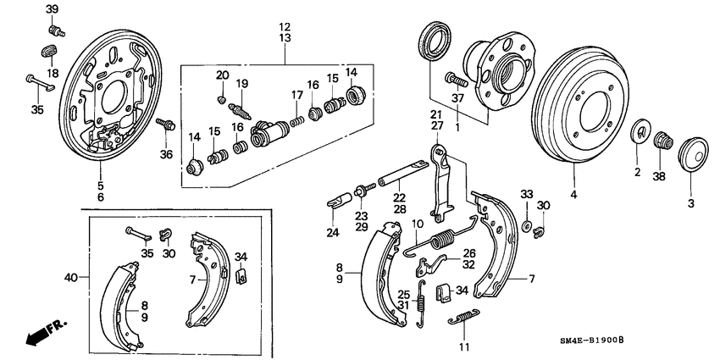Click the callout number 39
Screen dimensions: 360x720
tap(52, 9)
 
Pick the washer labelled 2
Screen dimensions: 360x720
tap(641, 135)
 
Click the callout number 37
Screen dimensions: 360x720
tap(458, 98)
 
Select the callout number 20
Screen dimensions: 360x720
tap(222, 75)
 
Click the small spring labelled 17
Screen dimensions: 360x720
tap(296, 123)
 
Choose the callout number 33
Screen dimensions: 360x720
tap(525, 194)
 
